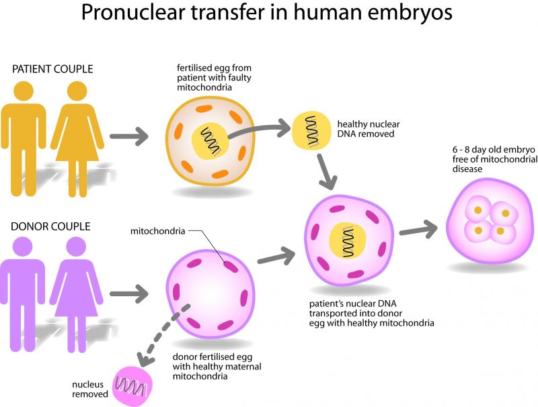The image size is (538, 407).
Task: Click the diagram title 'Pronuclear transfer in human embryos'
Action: [x=268, y=15]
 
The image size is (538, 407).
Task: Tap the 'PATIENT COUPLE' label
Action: [x=52, y=69]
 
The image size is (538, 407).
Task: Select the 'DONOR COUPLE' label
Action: [x=50, y=226]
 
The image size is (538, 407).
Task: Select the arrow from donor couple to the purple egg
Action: [x=128, y=293]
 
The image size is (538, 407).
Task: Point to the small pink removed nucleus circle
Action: [x=133, y=385]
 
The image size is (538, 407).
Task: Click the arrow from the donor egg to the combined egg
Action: [x=276, y=255]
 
